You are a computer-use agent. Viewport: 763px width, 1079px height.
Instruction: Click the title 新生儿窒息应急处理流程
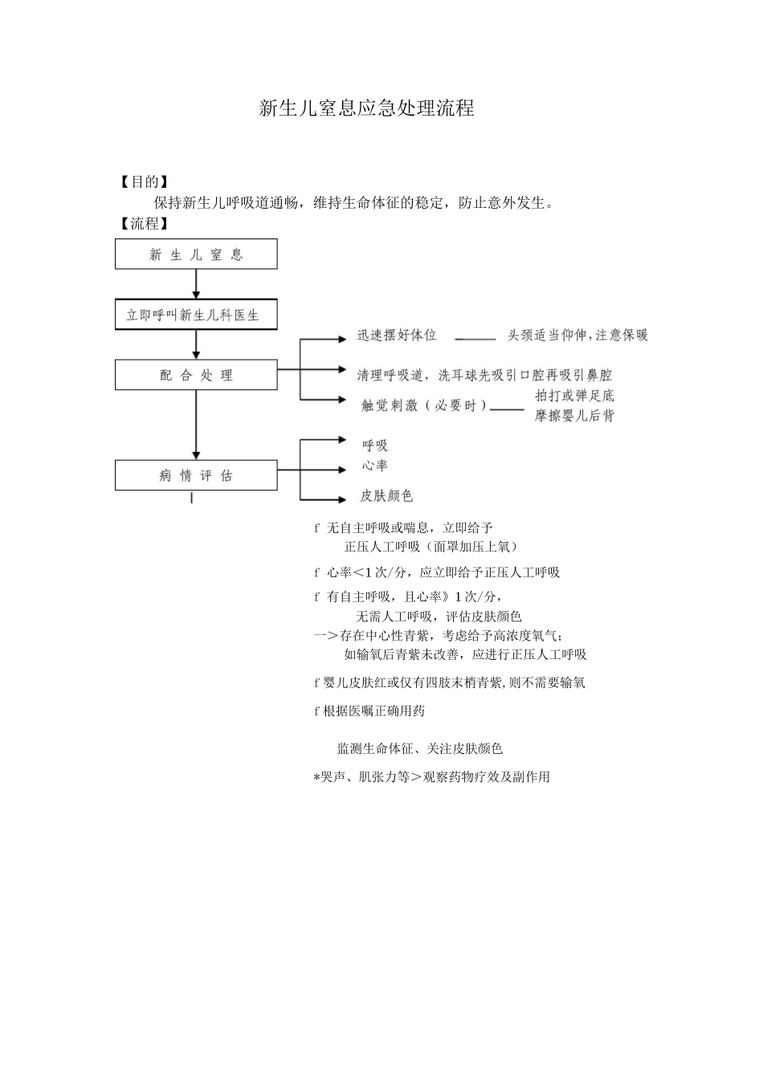(x=366, y=108)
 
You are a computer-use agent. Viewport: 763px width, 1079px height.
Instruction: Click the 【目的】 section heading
(x=144, y=181)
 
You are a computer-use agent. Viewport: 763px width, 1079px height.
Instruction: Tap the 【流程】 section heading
(x=144, y=223)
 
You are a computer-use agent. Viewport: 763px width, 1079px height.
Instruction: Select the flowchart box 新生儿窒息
(x=196, y=254)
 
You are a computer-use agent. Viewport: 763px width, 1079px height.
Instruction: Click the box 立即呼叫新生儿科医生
(x=196, y=315)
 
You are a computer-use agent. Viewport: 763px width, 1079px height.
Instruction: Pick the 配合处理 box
(x=196, y=375)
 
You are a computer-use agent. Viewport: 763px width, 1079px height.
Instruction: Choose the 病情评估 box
(x=196, y=475)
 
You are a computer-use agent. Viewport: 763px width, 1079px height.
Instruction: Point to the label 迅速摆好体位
(x=397, y=336)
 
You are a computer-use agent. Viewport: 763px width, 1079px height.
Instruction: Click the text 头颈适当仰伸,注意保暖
(x=577, y=336)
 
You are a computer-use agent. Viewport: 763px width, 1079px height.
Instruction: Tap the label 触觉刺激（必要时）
(x=424, y=405)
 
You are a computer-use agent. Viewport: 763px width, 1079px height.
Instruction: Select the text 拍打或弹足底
(x=574, y=396)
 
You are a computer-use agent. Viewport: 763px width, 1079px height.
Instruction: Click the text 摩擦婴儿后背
(x=574, y=416)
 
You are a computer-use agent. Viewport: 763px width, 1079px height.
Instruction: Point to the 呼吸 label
(x=374, y=446)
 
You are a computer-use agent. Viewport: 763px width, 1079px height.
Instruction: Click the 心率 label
(x=374, y=466)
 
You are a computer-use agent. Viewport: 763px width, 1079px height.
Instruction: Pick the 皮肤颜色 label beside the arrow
(x=386, y=496)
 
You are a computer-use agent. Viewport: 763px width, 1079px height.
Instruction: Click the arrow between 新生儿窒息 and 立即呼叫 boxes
(x=196, y=284)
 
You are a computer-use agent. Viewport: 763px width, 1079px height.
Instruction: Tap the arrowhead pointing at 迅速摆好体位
(x=343, y=340)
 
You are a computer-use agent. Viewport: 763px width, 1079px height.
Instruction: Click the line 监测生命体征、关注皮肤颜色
(x=419, y=748)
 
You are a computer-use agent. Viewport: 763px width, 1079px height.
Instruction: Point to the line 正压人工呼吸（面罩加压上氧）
(x=430, y=547)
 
